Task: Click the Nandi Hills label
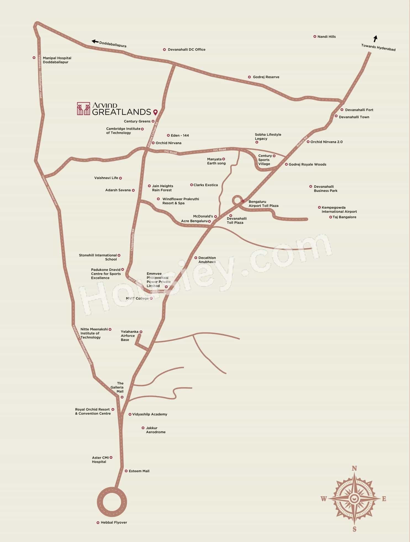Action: pyautogui.click(x=326, y=37)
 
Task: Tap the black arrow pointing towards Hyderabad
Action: pyautogui.click(x=375, y=39)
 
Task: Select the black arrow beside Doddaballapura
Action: pyautogui.click(x=95, y=42)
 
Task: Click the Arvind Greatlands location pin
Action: pyautogui.click(x=155, y=112)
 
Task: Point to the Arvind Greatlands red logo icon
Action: pyautogui.click(x=83, y=109)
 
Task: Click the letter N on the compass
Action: pyautogui.click(x=355, y=468)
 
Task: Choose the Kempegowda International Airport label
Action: pyautogui.click(x=339, y=210)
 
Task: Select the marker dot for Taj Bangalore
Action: pyautogui.click(x=330, y=217)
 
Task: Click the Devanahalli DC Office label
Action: pyautogui.click(x=187, y=50)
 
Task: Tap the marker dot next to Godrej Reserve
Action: pyautogui.click(x=249, y=77)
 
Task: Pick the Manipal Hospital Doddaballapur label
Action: pyautogui.click(x=57, y=60)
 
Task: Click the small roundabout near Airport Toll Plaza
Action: pyautogui.click(x=237, y=200)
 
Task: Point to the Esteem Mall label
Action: pyautogui.click(x=139, y=471)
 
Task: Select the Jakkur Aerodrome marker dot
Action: pyautogui.click(x=143, y=428)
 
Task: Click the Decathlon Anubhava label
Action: pyautogui.click(x=207, y=260)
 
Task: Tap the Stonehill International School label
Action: pyautogui.click(x=98, y=257)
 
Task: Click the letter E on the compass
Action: pyautogui.click(x=384, y=499)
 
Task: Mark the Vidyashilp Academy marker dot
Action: pyautogui.click(x=130, y=414)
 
